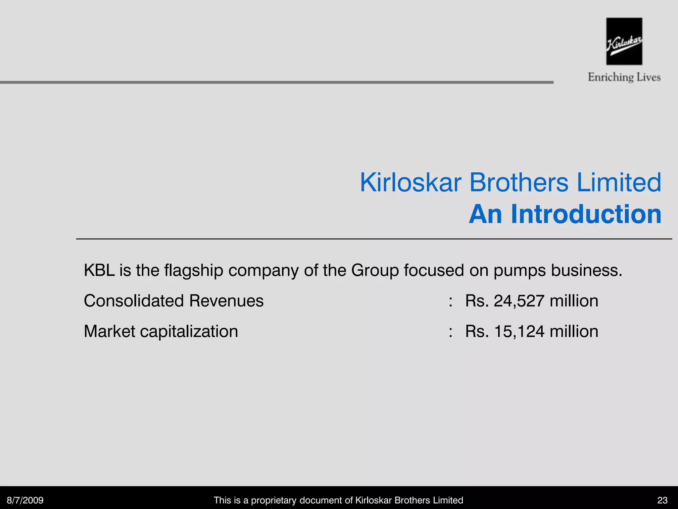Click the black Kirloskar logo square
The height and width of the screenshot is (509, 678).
(x=624, y=41)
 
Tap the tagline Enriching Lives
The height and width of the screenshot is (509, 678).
(x=624, y=77)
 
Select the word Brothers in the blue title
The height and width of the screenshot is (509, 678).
(x=519, y=183)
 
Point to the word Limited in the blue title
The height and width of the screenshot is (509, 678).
(x=619, y=183)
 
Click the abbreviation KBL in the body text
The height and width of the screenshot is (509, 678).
(x=99, y=270)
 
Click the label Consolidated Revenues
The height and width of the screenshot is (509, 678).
(x=173, y=301)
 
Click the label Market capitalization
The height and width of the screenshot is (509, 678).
(x=161, y=331)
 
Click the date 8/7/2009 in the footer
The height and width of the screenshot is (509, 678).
(x=25, y=500)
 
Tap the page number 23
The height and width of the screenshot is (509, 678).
(x=662, y=500)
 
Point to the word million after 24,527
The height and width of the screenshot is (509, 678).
(x=574, y=301)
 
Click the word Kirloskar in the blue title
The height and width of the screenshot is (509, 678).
(x=411, y=183)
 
